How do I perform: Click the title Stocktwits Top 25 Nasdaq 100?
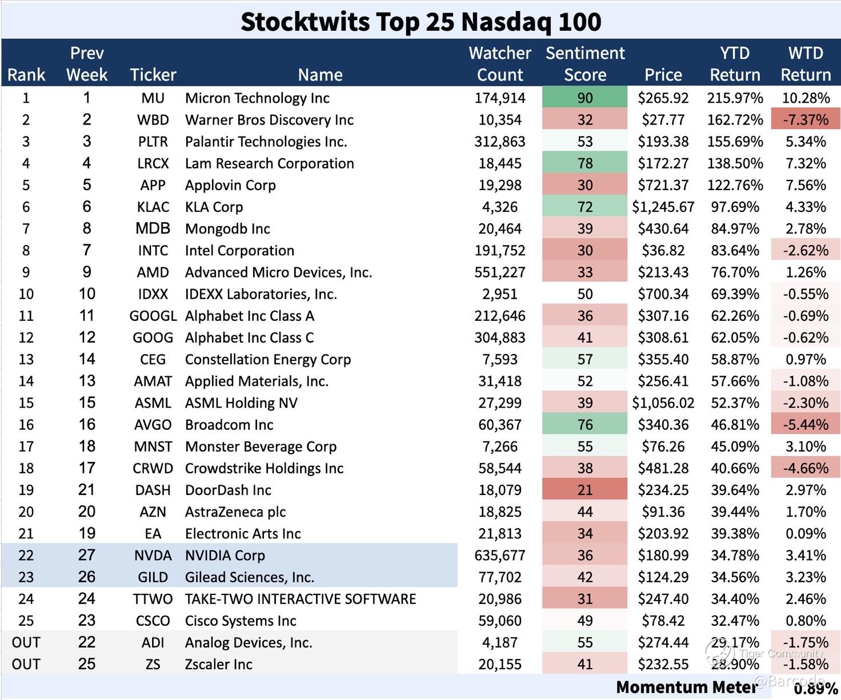click(421, 22)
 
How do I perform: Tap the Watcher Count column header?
click(500, 63)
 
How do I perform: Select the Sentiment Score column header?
click(585, 63)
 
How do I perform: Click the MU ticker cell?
click(153, 98)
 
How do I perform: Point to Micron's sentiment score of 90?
click(585, 98)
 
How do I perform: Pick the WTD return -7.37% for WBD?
click(806, 120)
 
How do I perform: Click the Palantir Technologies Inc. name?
click(266, 142)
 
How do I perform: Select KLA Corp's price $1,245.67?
click(663, 207)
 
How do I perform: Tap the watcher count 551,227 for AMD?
click(500, 272)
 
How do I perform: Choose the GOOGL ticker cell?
click(153, 316)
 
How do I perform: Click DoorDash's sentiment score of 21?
click(585, 490)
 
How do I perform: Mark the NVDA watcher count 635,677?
click(500, 556)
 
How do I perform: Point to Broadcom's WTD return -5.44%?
click(806, 425)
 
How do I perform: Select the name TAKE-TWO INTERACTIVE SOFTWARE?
click(301, 599)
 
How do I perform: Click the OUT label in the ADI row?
click(26, 642)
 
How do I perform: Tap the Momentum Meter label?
click(686, 687)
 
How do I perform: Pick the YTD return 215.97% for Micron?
click(735, 98)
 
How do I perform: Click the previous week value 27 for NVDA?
click(87, 556)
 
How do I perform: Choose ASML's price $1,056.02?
click(663, 403)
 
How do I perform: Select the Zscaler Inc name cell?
click(218, 664)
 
